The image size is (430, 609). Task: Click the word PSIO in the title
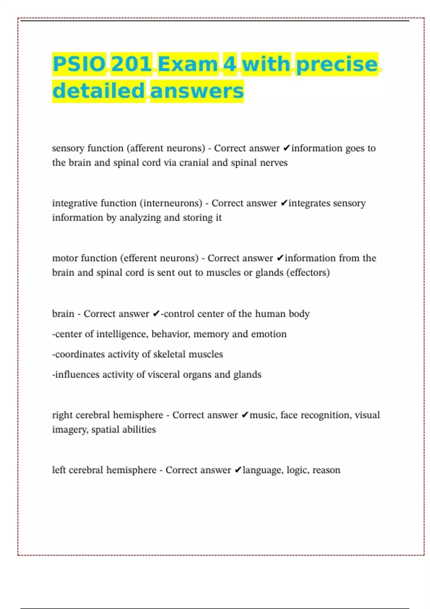click(x=79, y=64)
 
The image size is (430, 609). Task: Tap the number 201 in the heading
click(x=132, y=64)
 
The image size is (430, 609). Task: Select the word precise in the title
click(x=337, y=64)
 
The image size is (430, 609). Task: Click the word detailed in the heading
click(x=99, y=91)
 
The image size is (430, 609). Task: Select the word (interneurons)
click(x=171, y=203)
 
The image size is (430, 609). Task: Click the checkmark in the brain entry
click(x=156, y=314)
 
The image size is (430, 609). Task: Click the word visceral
click(x=164, y=375)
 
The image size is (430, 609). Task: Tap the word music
click(x=263, y=415)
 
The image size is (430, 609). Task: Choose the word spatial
click(x=105, y=430)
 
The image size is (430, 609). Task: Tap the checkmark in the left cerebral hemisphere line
click(x=238, y=470)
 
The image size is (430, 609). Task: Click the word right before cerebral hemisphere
click(x=63, y=415)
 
